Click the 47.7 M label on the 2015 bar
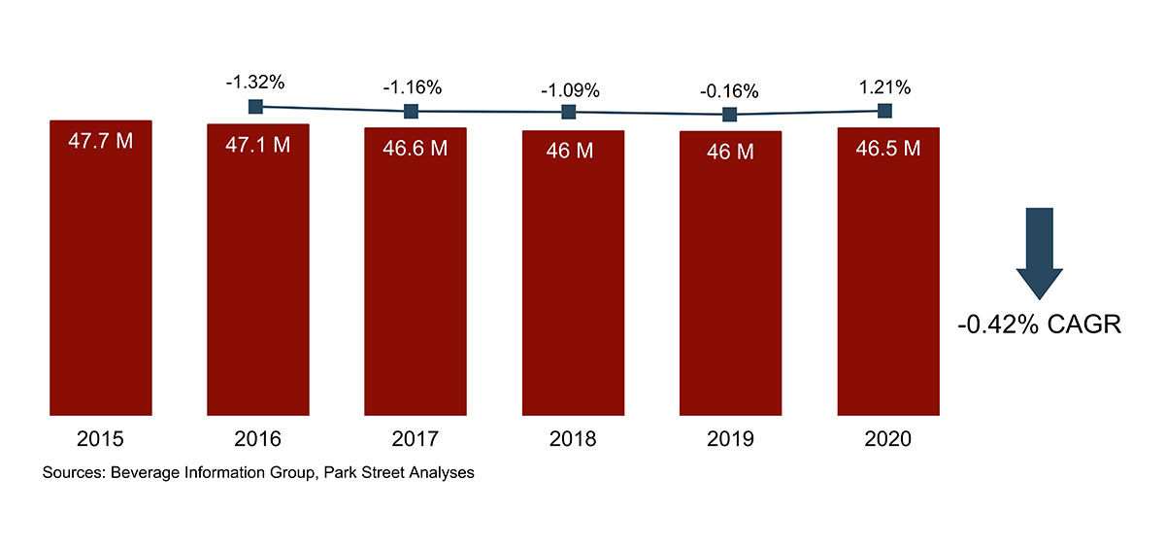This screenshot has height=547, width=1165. click(100, 141)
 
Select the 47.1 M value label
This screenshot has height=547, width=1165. click(257, 145)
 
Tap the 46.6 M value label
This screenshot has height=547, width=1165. click(415, 149)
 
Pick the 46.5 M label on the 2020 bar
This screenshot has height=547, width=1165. click(887, 149)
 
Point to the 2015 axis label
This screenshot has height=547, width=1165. click(100, 439)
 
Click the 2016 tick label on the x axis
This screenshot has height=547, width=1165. click(257, 439)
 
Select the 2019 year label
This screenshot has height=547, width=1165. click(730, 439)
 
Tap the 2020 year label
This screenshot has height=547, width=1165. click(887, 439)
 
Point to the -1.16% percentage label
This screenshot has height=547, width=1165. click(412, 87)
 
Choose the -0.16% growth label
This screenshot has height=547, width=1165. click(728, 91)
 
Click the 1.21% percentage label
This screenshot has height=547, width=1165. click(885, 87)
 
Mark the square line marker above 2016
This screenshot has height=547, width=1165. click(256, 106)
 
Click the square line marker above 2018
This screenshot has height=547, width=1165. click(569, 113)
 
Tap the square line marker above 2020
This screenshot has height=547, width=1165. click(884, 111)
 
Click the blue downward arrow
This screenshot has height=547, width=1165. click(1039, 253)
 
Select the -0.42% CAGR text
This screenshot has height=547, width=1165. click(1039, 325)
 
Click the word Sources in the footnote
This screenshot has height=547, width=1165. click(74, 474)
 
